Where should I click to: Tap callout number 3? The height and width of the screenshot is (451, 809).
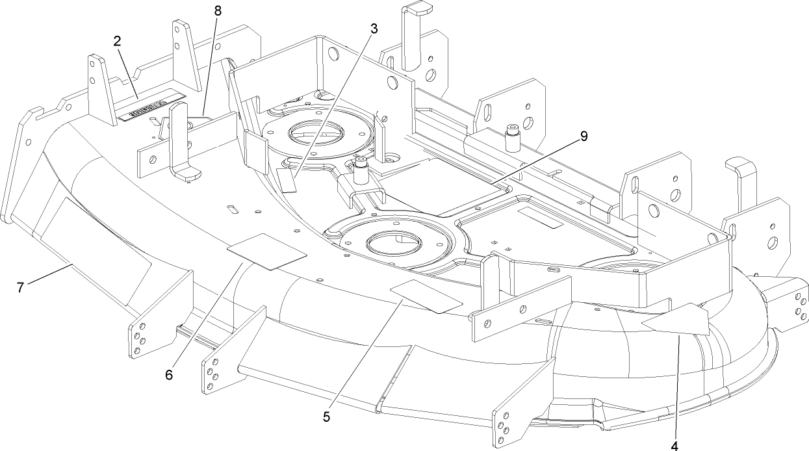(x=374, y=29)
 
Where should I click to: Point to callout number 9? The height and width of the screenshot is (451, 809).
(x=584, y=136)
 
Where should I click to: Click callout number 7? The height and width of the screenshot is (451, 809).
(x=21, y=287)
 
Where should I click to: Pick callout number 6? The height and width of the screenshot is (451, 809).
(x=169, y=375)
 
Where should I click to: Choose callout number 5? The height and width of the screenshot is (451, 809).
(x=327, y=417)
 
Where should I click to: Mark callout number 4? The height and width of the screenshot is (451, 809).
(x=674, y=446)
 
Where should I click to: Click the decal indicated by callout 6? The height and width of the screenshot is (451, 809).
(x=266, y=251)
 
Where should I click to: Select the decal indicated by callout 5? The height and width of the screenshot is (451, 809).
(x=426, y=297)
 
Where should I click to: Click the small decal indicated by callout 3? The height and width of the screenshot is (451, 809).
(x=287, y=179)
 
